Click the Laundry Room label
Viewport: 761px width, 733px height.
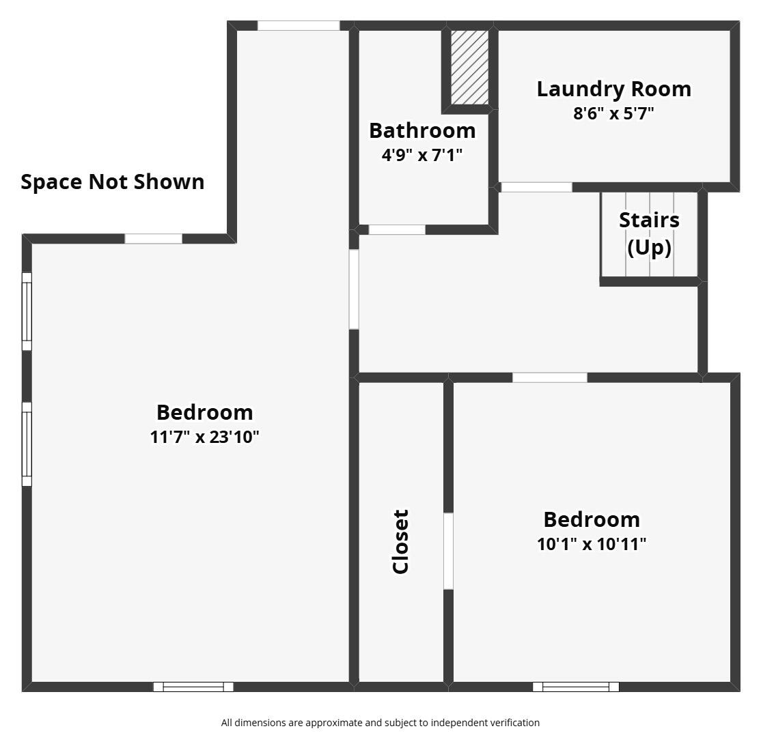(614, 89)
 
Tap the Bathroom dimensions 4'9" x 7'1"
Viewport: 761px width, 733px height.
(421, 155)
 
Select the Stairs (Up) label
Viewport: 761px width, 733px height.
(650, 233)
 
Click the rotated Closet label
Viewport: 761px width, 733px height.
(401, 541)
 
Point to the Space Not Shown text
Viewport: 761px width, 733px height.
(113, 182)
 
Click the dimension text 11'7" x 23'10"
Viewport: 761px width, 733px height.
(204, 437)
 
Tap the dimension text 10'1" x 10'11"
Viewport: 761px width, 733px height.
(592, 544)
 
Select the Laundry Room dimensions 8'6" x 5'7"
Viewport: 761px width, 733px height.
(613, 113)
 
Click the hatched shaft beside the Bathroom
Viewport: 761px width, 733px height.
(470, 68)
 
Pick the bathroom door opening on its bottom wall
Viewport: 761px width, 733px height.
(397, 229)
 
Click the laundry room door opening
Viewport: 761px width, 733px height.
(536, 187)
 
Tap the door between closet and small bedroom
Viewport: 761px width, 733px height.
(448, 551)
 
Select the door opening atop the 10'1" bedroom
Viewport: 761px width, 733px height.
(550, 377)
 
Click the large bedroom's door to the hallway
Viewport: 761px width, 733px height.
(355, 289)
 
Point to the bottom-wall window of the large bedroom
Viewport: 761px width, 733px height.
(193, 687)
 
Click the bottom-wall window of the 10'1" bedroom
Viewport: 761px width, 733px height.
(576, 687)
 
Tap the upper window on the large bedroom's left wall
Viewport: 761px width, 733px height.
(27, 312)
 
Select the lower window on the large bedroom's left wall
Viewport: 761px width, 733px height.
(27, 444)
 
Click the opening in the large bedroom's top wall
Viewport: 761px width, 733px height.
(299, 26)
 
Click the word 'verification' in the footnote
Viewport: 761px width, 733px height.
(512, 723)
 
